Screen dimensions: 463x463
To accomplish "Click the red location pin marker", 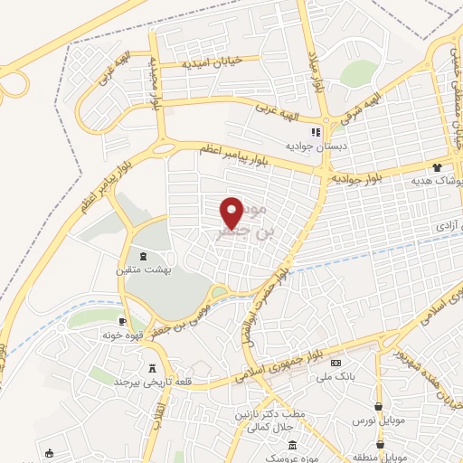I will [232, 213].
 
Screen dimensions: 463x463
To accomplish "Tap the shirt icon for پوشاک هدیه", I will [437, 167].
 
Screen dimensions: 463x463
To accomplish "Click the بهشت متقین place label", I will [141, 269].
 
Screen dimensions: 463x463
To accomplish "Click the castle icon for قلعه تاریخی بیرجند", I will [152, 368].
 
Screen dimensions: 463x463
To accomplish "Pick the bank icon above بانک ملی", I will [335, 364].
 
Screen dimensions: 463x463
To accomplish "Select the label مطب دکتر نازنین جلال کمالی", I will [260, 419].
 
